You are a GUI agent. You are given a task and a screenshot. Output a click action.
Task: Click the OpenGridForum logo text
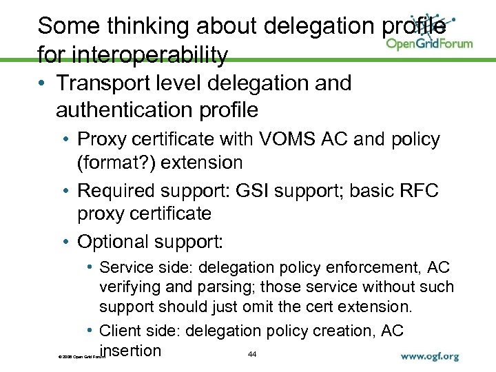(429, 43)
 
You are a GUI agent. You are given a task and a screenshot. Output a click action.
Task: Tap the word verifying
(133, 287)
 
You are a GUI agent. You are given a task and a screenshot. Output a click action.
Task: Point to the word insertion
(130, 350)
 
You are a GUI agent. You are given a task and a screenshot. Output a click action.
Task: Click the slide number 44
(251, 354)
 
